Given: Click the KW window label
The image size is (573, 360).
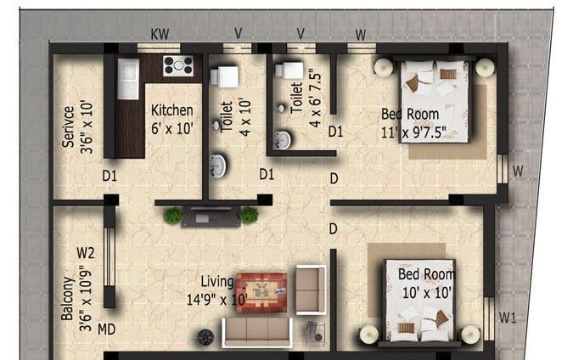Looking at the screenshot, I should coord(159,34).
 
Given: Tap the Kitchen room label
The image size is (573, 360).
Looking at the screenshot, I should coord(172,110).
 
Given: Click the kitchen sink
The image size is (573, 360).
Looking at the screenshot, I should coord(128,79).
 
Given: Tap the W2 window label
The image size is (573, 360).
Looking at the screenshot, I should coord(85,253).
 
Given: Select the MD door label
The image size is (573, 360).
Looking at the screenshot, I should coord(106,329).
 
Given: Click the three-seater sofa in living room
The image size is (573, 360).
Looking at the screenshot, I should coord(256,330).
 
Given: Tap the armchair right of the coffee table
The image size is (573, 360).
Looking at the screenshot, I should coord(310,289).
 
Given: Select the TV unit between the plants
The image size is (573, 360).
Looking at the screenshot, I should coord(211,217).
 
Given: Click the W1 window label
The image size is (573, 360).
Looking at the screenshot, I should coord(508,318).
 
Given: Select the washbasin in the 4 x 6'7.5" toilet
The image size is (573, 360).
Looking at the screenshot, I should coord(283,140).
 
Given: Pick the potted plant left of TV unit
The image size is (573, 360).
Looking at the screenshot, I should coord(174,216).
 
